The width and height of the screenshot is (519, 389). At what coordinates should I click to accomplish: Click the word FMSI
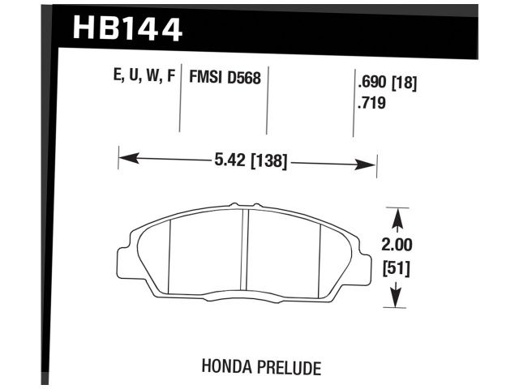tap(204, 79)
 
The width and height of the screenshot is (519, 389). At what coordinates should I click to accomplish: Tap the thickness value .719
tap(372, 104)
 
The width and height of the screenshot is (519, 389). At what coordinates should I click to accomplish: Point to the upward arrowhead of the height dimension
tap(397, 216)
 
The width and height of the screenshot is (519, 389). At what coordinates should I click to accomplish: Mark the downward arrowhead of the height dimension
tap(397, 301)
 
